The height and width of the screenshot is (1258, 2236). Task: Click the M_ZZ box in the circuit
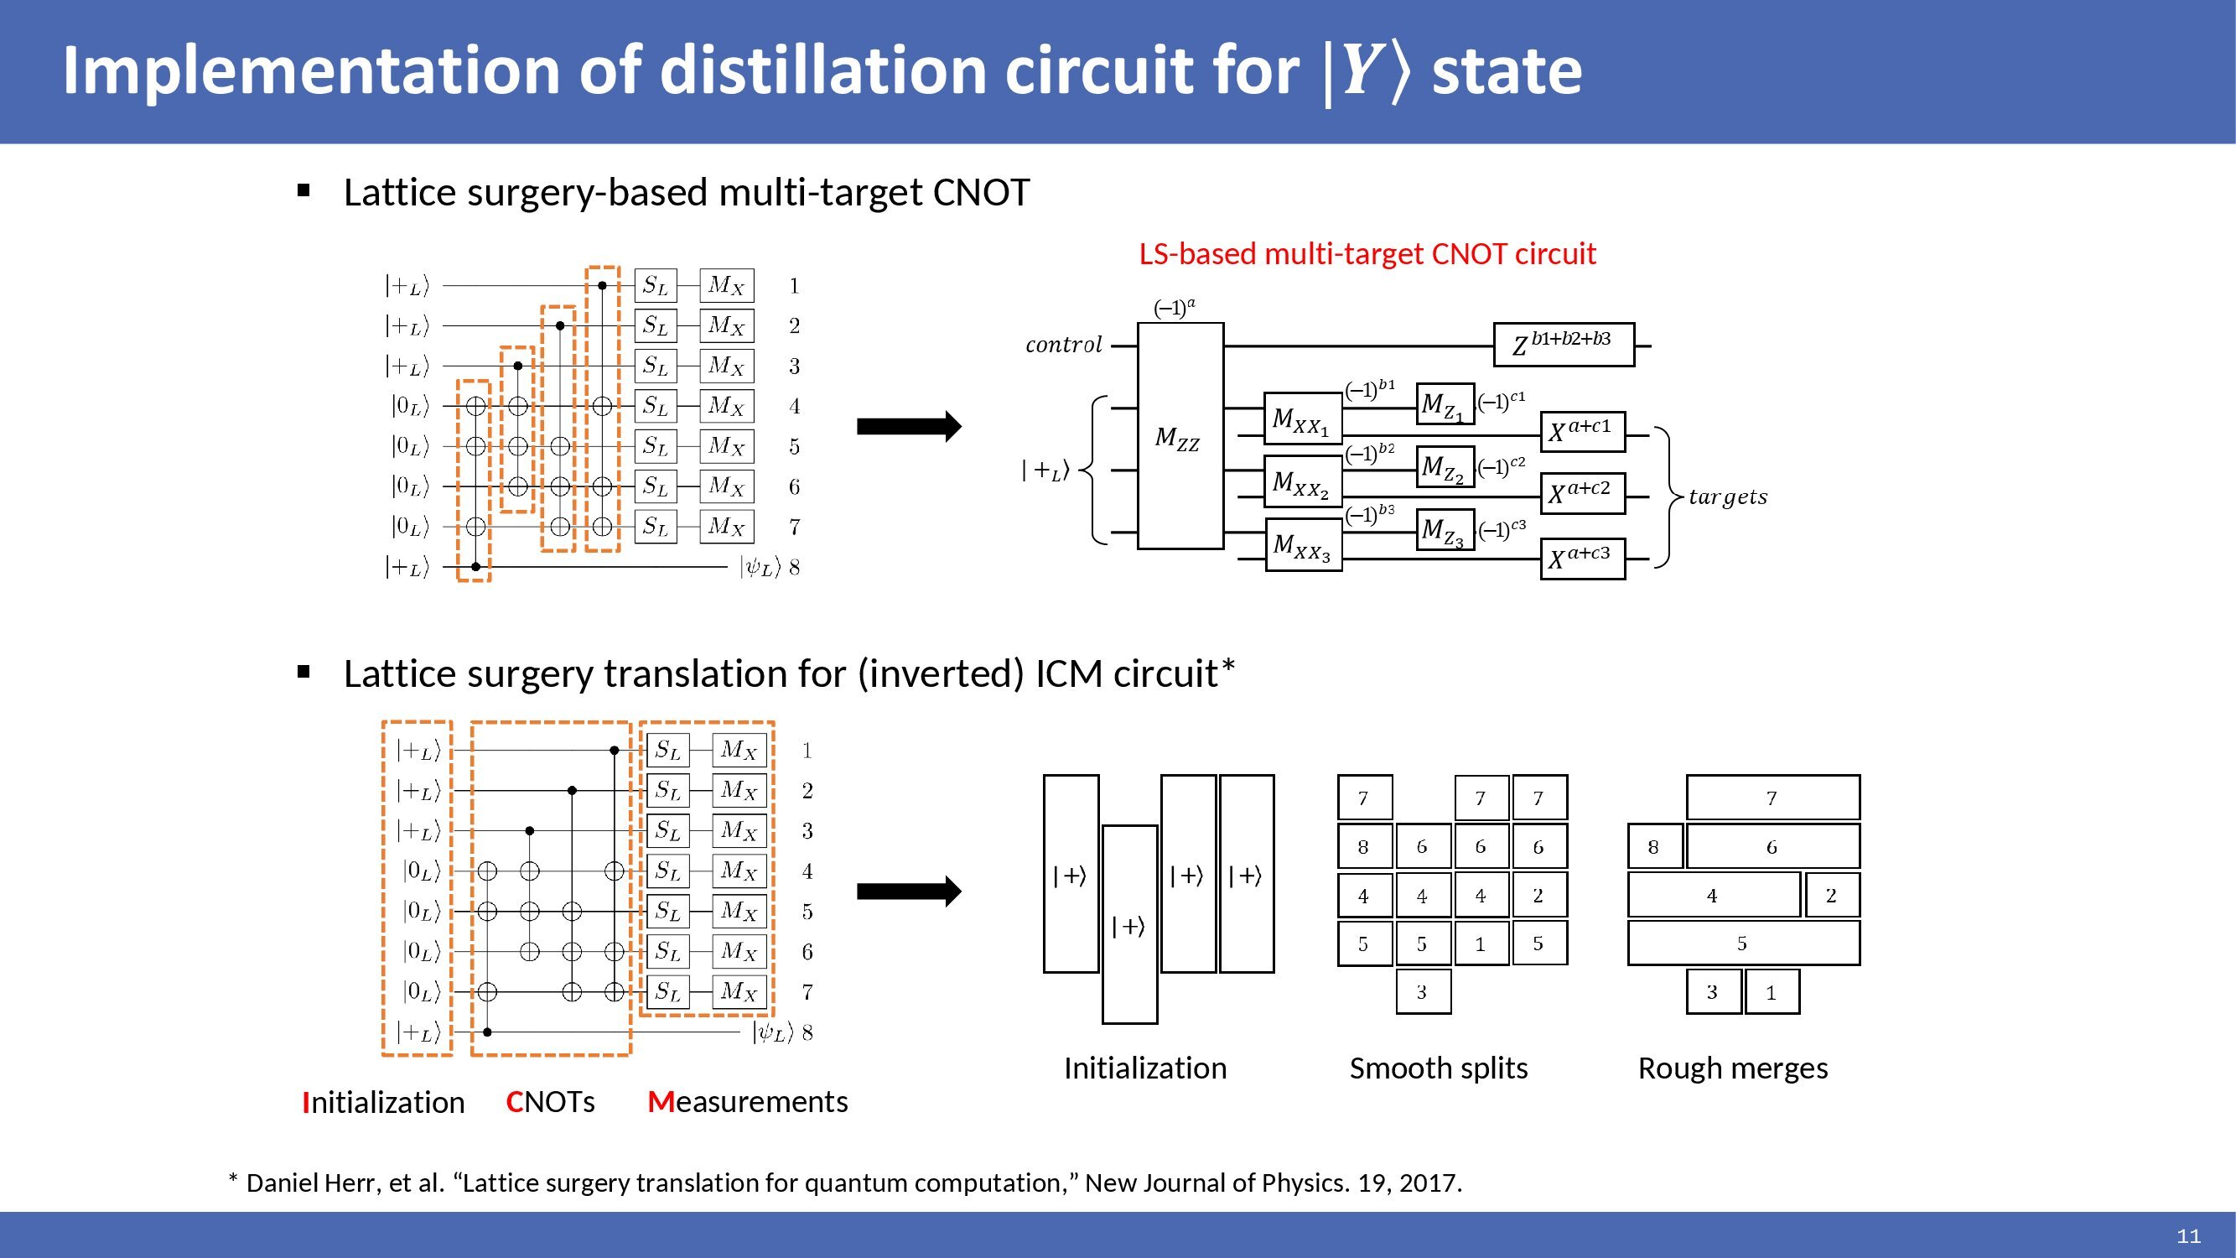click(1180, 436)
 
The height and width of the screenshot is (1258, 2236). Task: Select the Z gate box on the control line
click(1564, 345)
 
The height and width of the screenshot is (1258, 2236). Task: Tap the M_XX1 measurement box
click(1303, 418)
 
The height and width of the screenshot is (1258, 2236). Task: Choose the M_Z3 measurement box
click(1445, 529)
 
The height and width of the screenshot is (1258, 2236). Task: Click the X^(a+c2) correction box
click(1582, 494)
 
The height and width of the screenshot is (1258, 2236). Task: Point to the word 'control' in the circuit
click(1063, 345)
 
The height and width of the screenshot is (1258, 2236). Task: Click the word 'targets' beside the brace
click(1727, 497)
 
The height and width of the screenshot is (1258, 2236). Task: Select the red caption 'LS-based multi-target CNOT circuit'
click(1367, 253)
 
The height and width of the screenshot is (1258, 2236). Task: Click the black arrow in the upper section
click(909, 426)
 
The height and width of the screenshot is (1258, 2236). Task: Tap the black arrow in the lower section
click(909, 892)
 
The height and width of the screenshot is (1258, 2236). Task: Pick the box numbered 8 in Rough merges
click(1654, 846)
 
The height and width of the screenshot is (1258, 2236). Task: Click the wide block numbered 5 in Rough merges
click(1743, 943)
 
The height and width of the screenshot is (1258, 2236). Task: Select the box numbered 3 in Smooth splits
click(1423, 991)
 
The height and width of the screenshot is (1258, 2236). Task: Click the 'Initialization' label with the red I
click(383, 1103)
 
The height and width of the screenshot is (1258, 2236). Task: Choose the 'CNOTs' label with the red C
click(550, 1102)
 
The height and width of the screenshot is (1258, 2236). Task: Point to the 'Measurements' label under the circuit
click(747, 1102)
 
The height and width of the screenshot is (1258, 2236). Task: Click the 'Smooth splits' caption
click(1439, 1068)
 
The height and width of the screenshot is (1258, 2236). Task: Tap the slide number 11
click(2188, 1236)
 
